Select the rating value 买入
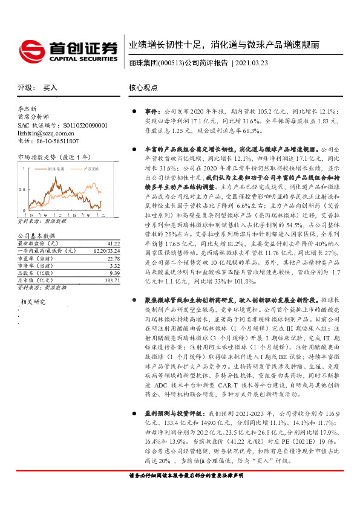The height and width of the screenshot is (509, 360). [x=50, y=88]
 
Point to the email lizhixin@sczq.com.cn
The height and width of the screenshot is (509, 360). [x=45, y=132]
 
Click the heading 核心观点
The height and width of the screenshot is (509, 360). [x=143, y=88]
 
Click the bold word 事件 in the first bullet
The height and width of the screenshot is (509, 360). [x=151, y=112]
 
